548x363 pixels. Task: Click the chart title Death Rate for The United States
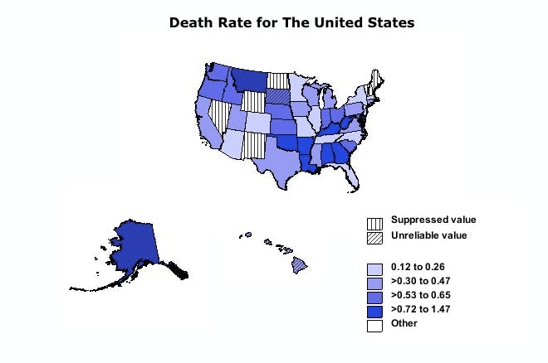point(291,22)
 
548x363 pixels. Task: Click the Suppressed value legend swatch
point(375,223)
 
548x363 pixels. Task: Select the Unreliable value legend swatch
point(375,237)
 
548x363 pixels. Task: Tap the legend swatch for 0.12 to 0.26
point(375,269)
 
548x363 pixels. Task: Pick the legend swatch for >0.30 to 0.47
point(375,283)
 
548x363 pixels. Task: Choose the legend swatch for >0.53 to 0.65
point(375,297)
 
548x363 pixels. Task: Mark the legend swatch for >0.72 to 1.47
point(375,311)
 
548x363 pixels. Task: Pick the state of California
point(207,124)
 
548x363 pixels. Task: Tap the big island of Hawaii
point(300,265)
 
